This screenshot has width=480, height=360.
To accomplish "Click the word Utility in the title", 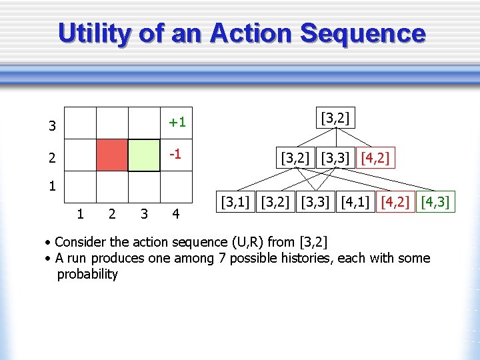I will point(95,33).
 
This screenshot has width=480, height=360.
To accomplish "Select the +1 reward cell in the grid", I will point(177,122).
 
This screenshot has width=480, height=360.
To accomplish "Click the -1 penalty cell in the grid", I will point(177,154).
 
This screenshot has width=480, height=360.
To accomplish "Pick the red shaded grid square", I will point(112,155).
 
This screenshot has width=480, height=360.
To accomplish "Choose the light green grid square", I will point(144,155).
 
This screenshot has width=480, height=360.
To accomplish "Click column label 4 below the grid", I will point(175,214).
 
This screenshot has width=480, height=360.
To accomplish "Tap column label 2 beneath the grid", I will point(111,214).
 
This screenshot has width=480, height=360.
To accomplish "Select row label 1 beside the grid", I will point(52,186).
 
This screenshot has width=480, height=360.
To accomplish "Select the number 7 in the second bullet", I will point(222,258).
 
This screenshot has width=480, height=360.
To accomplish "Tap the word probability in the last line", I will point(87,274).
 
